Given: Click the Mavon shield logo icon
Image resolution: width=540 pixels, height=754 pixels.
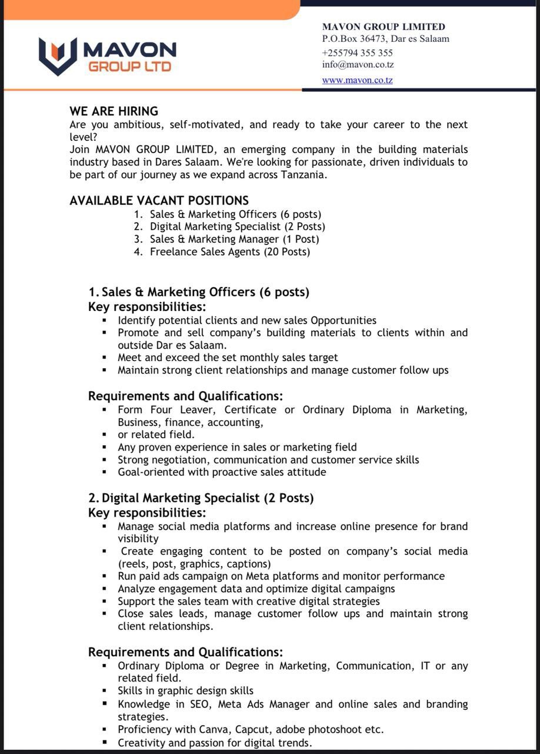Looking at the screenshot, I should [58, 56].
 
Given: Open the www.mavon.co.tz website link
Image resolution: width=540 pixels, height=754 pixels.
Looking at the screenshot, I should [357, 80].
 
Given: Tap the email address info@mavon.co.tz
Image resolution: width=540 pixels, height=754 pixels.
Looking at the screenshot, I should [358, 65].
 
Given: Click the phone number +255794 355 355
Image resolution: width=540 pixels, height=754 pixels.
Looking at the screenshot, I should [357, 52].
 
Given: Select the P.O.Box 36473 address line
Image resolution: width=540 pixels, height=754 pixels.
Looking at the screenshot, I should [385, 39].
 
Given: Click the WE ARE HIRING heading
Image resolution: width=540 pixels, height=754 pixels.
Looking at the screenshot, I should [114, 111].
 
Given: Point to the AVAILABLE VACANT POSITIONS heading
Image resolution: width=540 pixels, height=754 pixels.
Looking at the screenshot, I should [159, 200].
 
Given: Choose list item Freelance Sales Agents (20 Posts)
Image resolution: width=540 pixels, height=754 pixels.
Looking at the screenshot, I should [229, 252].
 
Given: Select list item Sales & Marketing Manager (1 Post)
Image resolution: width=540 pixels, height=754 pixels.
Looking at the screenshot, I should [234, 239].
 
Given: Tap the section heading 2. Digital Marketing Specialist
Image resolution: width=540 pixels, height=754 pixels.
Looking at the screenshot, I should [201, 498].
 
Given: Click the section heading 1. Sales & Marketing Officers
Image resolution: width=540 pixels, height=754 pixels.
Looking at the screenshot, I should [199, 292].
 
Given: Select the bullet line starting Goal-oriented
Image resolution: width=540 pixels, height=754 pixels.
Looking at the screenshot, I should [221, 472].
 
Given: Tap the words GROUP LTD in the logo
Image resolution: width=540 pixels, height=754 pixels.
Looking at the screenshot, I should [129, 67].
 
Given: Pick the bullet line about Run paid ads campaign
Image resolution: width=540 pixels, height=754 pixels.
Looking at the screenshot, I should [281, 576].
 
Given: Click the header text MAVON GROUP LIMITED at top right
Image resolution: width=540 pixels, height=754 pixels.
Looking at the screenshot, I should [384, 27].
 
